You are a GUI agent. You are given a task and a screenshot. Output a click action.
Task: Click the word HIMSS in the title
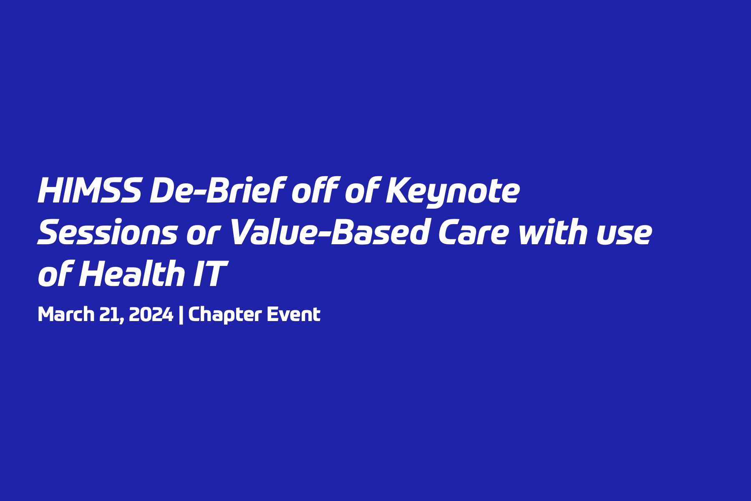[x=90, y=191]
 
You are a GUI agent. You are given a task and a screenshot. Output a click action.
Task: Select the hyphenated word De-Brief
[x=218, y=191]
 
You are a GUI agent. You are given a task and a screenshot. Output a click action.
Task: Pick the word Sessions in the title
[x=108, y=233]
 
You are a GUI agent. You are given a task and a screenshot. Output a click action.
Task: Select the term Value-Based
[x=329, y=232]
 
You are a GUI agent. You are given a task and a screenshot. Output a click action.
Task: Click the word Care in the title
[x=474, y=233]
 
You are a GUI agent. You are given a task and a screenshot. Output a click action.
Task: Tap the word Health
[x=132, y=274]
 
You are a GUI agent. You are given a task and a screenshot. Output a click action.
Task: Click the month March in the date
[x=66, y=314]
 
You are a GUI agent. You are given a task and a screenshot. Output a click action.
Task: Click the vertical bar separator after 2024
[x=181, y=315]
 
